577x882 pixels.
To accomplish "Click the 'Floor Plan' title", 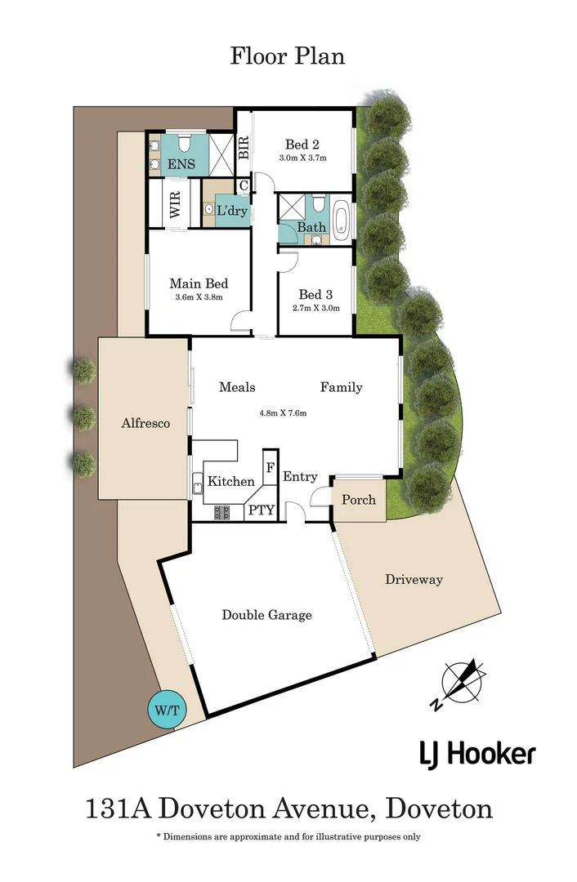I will coord(288,56).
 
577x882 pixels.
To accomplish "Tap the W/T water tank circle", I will coord(167,710).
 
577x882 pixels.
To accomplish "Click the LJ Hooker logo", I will coord(477,754).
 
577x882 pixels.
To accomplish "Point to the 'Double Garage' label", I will coord(266,615).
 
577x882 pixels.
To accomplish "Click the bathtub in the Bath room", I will coord(341,223).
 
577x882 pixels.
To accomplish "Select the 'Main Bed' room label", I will coord(199,284).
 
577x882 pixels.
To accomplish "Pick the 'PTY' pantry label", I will coord(262,511).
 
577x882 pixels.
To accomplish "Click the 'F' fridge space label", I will coord(270,468).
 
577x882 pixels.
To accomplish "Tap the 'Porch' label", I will coord(359,499).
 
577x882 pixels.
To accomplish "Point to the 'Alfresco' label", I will coord(145,423).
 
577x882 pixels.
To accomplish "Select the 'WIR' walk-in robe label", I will coord(175,203).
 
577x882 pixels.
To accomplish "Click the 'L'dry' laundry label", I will coord(231,211).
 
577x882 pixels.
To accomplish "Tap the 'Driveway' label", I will coord(414,579).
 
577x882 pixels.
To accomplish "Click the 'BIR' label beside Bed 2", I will coord(243,148).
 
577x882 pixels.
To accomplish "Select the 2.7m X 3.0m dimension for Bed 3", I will coord(315,308).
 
